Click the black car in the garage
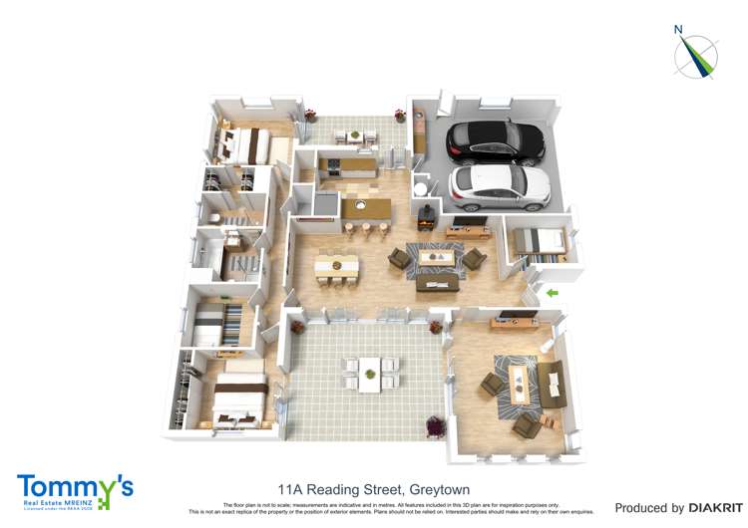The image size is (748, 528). tap(496, 140)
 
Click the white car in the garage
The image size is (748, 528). tap(502, 184)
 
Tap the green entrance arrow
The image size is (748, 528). tap(550, 292)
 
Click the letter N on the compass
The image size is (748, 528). tap(678, 29)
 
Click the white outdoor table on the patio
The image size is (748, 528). tap(370, 372)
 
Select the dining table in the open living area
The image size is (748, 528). tap(336, 267)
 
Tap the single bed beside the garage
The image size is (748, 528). tap(538, 241)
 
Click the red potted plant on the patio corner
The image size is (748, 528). tap(435, 427)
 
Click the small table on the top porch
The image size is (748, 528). tap(354, 134)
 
